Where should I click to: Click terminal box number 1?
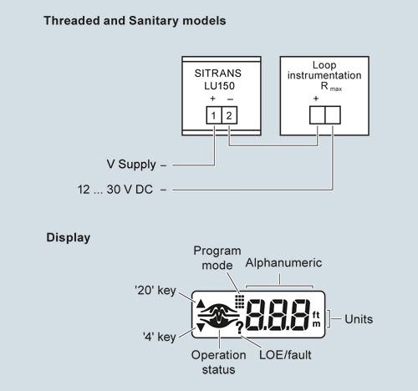point(214,115)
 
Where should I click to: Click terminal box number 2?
point(229,115)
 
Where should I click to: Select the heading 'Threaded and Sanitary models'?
point(135,21)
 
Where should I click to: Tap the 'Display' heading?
point(69,237)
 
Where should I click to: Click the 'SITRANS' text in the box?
point(218,74)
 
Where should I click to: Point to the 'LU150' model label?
point(219,86)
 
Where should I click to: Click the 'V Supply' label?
point(131,165)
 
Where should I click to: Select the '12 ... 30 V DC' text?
point(115,190)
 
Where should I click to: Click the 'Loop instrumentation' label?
point(324,70)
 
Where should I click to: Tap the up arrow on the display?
point(201,303)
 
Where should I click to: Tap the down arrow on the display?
point(201,328)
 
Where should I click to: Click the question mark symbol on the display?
point(239,328)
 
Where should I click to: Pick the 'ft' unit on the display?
point(316,315)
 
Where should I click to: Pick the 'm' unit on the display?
point(316,324)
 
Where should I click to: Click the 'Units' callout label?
point(359,319)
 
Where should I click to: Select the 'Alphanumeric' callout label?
point(283,263)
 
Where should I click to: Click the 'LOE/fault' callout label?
point(285,355)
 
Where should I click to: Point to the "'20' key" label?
point(155,291)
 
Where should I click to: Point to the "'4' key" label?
point(159,337)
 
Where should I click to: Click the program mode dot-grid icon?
point(240,302)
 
